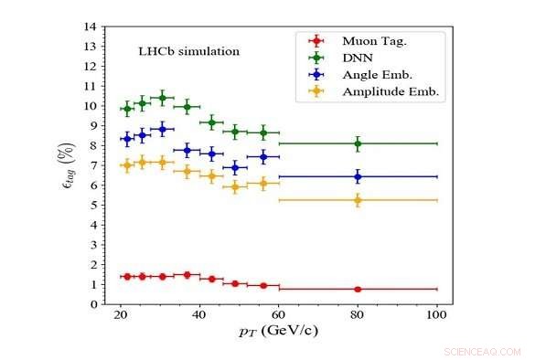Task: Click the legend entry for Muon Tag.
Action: [373, 41]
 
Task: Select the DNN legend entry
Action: [358, 58]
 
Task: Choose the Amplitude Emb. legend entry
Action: [389, 92]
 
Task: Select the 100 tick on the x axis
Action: [436, 315]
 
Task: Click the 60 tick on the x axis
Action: [278, 315]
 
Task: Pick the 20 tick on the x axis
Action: [120, 315]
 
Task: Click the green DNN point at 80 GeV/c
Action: [358, 143]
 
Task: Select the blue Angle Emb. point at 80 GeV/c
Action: [358, 176]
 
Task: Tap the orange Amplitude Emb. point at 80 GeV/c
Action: [358, 200]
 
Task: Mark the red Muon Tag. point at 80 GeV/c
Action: [358, 289]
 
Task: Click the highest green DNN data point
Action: [163, 98]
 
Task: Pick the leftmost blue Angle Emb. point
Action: [127, 139]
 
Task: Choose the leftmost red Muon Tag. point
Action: [127, 276]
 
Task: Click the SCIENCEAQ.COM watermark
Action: [481, 351]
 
